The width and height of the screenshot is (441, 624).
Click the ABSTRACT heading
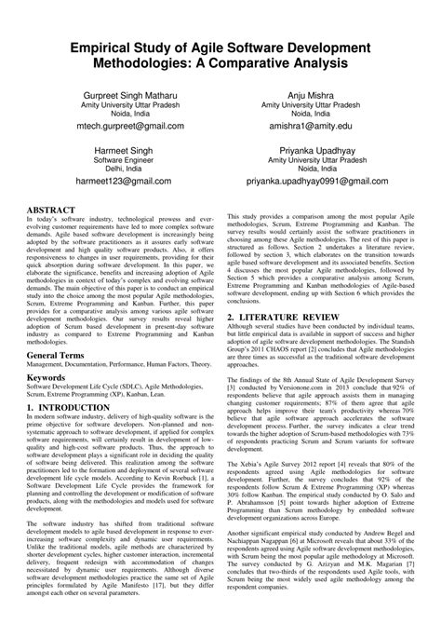[58, 210]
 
